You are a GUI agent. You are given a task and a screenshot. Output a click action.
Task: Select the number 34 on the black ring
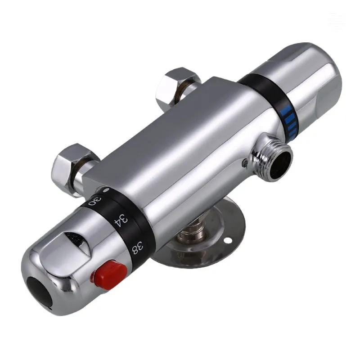point(121,220)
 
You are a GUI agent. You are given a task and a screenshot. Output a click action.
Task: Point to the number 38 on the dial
point(138,248)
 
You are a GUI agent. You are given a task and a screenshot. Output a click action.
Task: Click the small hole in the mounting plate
point(229,240)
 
